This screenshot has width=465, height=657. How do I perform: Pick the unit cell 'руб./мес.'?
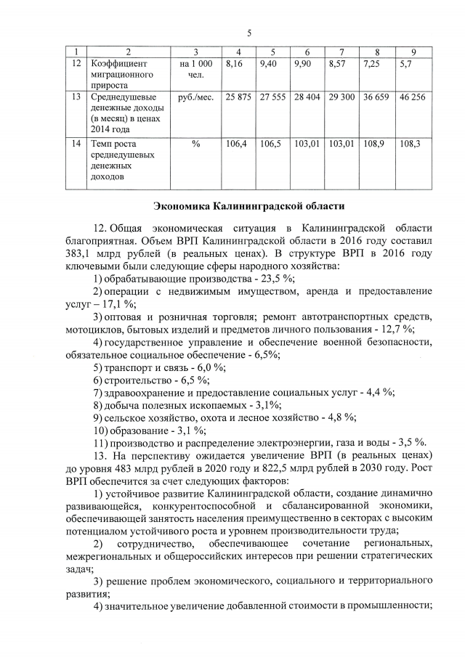195,97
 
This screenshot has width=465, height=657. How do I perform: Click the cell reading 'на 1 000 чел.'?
195,70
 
